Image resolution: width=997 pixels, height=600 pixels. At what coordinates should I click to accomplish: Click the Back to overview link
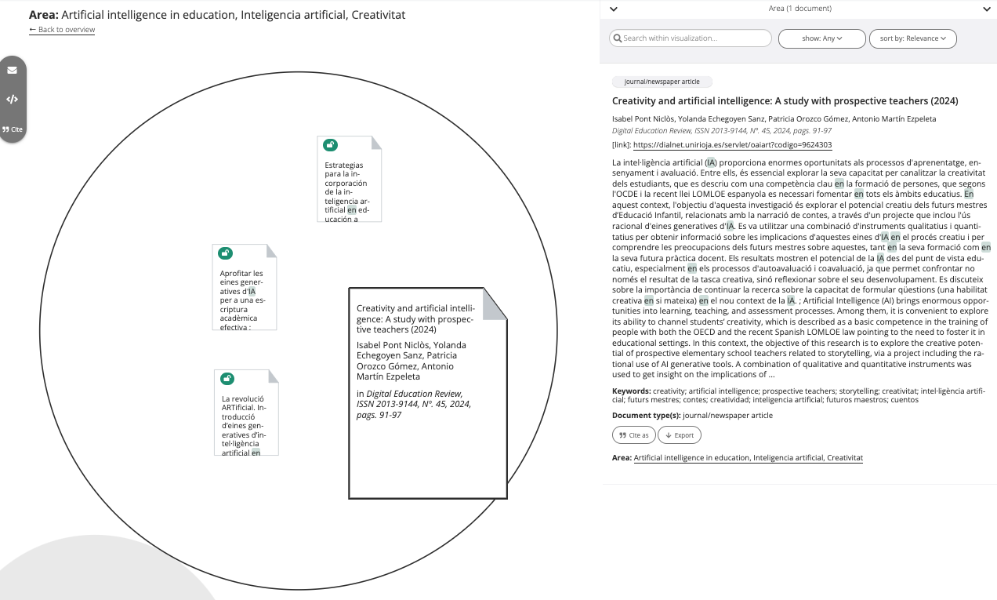tap(62, 30)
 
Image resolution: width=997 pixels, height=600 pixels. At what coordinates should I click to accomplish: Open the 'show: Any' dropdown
tap(821, 38)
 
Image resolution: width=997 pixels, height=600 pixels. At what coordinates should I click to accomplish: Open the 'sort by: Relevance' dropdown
tap(912, 38)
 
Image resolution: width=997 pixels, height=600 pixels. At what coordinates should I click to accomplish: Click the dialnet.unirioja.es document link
tap(732, 145)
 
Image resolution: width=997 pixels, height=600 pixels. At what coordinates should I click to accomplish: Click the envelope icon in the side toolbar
tap(13, 70)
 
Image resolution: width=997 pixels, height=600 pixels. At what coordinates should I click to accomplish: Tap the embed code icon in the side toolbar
tap(13, 100)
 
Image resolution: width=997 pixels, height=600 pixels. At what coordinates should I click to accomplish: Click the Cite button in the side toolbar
tap(13, 129)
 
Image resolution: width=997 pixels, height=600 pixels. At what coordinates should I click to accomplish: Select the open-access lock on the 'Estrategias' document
tap(331, 145)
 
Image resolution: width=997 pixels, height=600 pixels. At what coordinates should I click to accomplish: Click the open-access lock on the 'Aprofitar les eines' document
tap(226, 253)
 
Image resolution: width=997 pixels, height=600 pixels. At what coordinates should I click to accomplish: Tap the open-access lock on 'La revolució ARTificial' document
tap(227, 378)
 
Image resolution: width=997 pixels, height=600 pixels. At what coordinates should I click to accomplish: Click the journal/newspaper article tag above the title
tap(662, 82)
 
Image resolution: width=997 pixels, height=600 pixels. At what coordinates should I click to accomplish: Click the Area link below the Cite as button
tap(748, 457)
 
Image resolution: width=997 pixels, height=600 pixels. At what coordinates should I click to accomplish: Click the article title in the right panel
tap(785, 101)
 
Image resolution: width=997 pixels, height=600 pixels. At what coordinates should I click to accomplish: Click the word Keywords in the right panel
tap(630, 391)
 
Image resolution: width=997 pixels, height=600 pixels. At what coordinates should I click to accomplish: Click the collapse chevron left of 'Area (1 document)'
tap(614, 9)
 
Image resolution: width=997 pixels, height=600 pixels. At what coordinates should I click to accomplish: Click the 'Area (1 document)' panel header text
tap(799, 9)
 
